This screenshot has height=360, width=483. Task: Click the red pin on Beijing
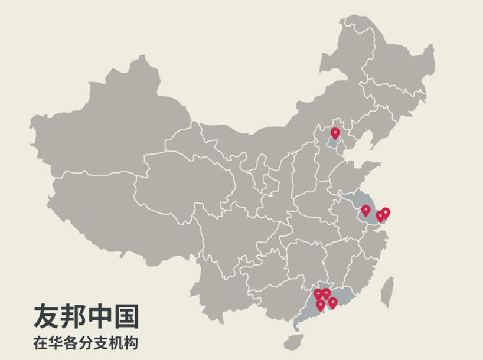[x=335, y=133]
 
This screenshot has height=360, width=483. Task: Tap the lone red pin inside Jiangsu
[x=366, y=210]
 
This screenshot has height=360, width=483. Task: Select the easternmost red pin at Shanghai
[x=386, y=212]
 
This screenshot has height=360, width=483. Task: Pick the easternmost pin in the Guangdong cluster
[x=332, y=303]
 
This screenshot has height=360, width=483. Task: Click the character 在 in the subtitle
[x=40, y=343]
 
